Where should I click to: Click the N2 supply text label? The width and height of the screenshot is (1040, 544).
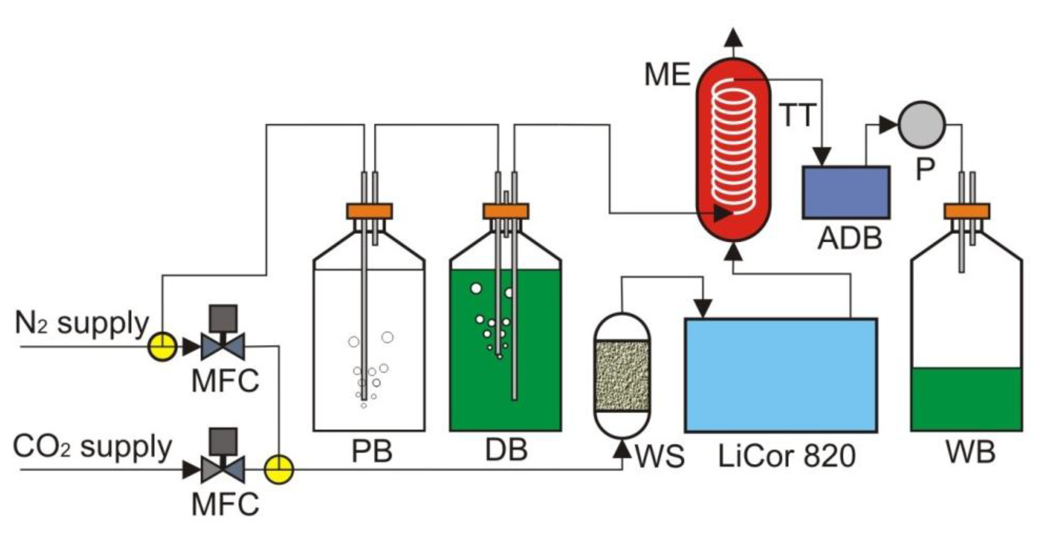pyautogui.click(x=82, y=324)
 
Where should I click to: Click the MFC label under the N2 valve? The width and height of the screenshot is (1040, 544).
pyautogui.click(x=225, y=381)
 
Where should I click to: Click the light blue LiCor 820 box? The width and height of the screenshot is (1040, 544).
pyautogui.click(x=781, y=375)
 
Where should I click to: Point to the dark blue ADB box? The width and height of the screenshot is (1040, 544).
pyautogui.click(x=846, y=192)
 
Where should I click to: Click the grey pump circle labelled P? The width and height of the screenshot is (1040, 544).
pyautogui.click(x=922, y=125)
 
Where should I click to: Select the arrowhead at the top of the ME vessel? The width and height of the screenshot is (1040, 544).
pyautogui.click(x=733, y=38)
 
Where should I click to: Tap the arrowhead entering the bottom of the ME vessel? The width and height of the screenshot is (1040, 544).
pyautogui.click(x=733, y=252)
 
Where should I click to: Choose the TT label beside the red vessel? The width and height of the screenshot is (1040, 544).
pyautogui.click(x=797, y=116)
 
